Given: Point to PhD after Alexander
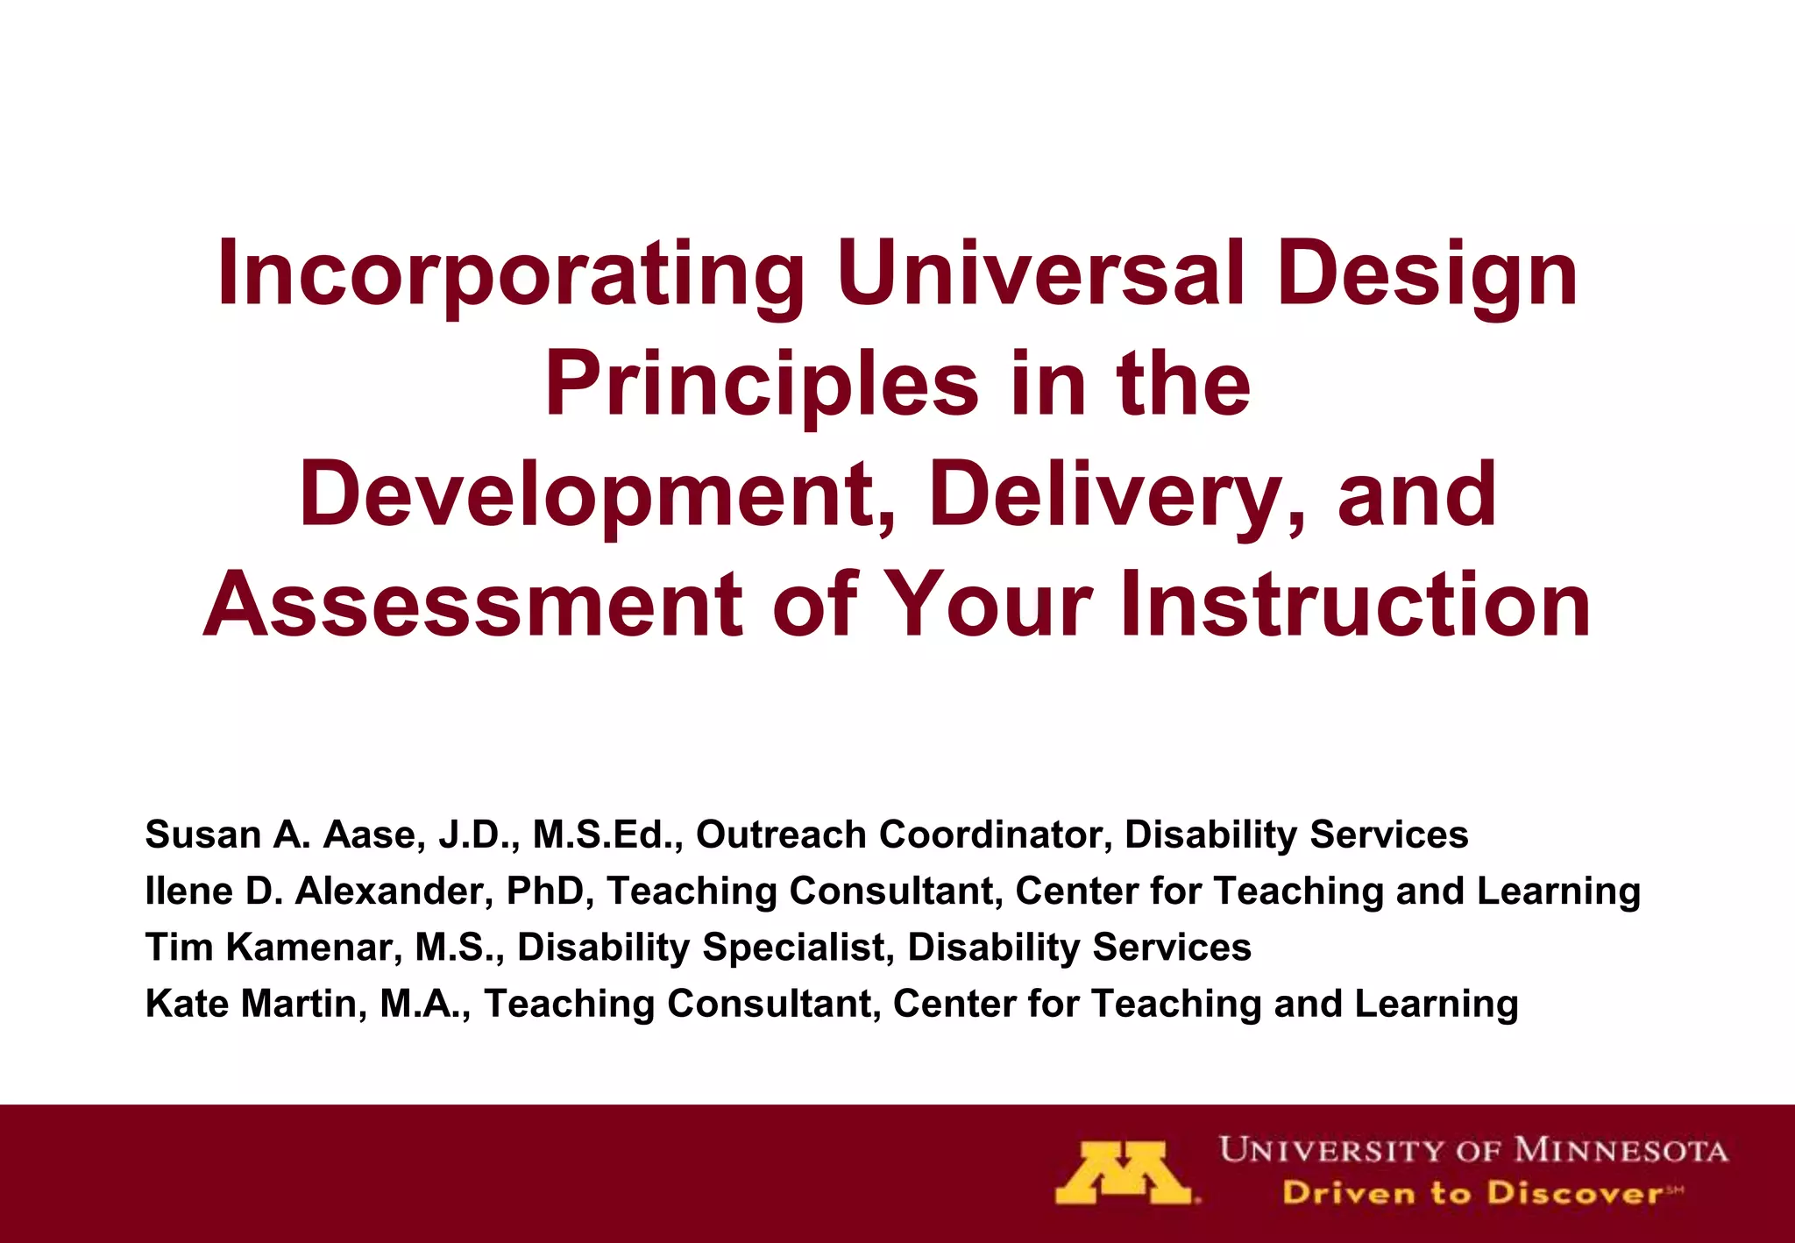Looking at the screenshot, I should tap(546, 891).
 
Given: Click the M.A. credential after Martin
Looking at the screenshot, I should tap(425, 1004).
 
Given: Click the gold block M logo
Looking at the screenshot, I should tap(1125, 1173).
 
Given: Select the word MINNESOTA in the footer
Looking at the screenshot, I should tap(1621, 1150).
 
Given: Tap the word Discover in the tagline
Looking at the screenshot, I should tap(1573, 1193).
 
